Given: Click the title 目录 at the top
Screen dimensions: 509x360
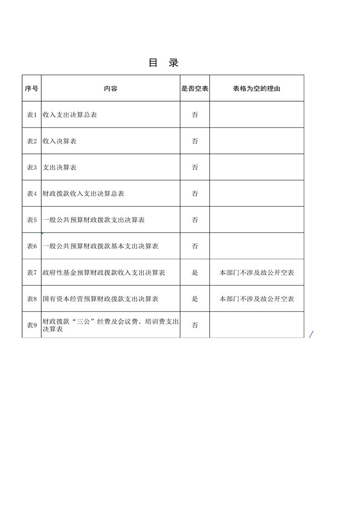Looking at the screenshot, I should (x=164, y=63).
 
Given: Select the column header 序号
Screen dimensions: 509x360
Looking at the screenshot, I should (x=31, y=88).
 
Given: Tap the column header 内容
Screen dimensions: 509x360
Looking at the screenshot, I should (x=111, y=88).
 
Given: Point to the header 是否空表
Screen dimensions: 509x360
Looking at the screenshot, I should (x=195, y=88).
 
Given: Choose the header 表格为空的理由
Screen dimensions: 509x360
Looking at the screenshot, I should (x=257, y=88).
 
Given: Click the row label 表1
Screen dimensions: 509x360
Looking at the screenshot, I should (x=31, y=115).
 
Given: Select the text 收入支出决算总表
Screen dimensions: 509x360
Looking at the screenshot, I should (x=70, y=115).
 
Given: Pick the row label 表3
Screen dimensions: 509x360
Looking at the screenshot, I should (x=31, y=168).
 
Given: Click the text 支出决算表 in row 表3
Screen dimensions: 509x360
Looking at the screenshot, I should (x=59, y=168).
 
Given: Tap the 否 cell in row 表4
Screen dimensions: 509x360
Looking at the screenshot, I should (x=195, y=194).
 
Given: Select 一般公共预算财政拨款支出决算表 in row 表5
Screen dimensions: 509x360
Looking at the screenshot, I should (x=93, y=220).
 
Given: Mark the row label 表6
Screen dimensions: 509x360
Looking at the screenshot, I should (x=31, y=247).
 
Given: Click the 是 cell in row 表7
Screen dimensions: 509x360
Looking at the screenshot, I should (x=195, y=273).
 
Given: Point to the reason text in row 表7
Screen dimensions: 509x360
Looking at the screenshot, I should (x=257, y=273).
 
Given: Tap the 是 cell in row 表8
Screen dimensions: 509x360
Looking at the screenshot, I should (x=195, y=299).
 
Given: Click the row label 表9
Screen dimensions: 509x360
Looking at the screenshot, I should (x=31, y=325).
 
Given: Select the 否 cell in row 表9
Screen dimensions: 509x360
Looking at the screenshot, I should (x=195, y=325).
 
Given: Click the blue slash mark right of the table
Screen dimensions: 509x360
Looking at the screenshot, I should (x=311, y=335).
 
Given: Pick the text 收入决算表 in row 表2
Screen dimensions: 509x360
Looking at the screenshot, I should (x=59, y=141).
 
